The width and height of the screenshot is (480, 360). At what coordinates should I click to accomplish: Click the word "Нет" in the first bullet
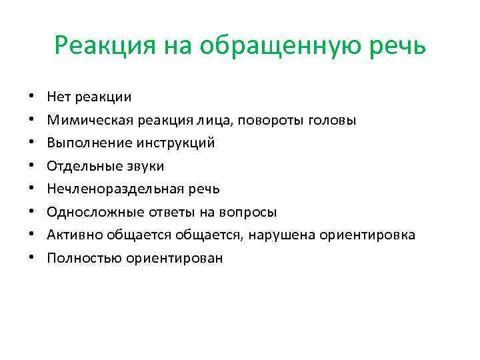pyautogui.click(x=58, y=97)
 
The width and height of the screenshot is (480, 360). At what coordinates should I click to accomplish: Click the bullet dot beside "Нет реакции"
pyautogui.click(x=31, y=97)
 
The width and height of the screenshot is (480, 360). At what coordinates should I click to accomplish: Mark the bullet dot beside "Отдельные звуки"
pyautogui.click(x=31, y=166)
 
